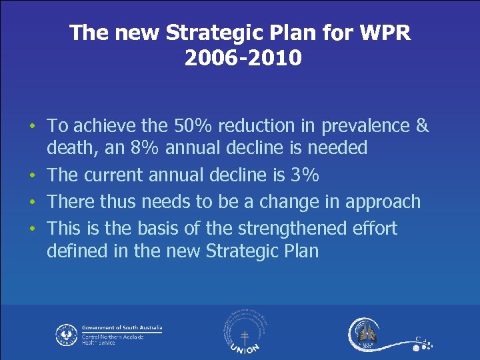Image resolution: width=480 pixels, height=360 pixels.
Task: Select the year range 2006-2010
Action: (x=243, y=59)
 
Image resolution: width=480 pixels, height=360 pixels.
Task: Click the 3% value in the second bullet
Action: (x=306, y=175)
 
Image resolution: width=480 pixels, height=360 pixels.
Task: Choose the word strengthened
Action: (x=287, y=228)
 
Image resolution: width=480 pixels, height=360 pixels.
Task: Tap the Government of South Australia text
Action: (x=121, y=328)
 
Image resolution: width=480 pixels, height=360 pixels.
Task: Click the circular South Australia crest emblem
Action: (x=66, y=334)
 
